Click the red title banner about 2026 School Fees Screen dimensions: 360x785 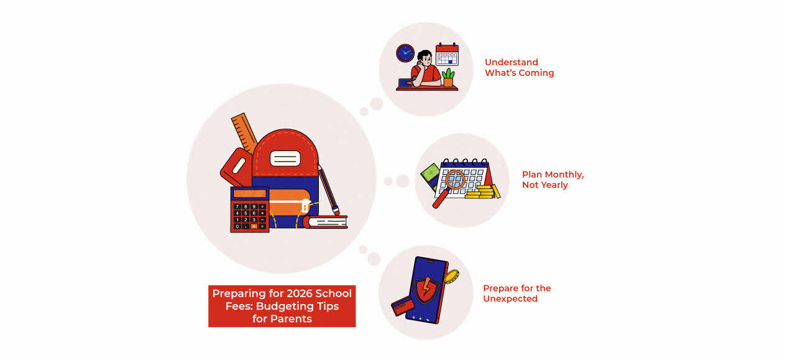tap(282, 305)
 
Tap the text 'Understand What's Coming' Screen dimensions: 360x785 tap(519, 67)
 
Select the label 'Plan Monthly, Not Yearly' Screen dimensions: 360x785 tap(553, 179)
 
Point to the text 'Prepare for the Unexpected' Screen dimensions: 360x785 tap(516, 293)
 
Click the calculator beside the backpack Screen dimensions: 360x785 tap(249, 210)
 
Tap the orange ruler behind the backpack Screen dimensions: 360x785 tap(244, 131)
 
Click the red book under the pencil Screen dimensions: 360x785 tap(326, 221)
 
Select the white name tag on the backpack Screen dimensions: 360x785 tap(285, 158)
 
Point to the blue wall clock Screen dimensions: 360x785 tap(405, 53)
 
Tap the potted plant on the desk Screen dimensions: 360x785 tap(448, 77)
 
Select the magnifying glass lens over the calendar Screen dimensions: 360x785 tap(456, 180)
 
